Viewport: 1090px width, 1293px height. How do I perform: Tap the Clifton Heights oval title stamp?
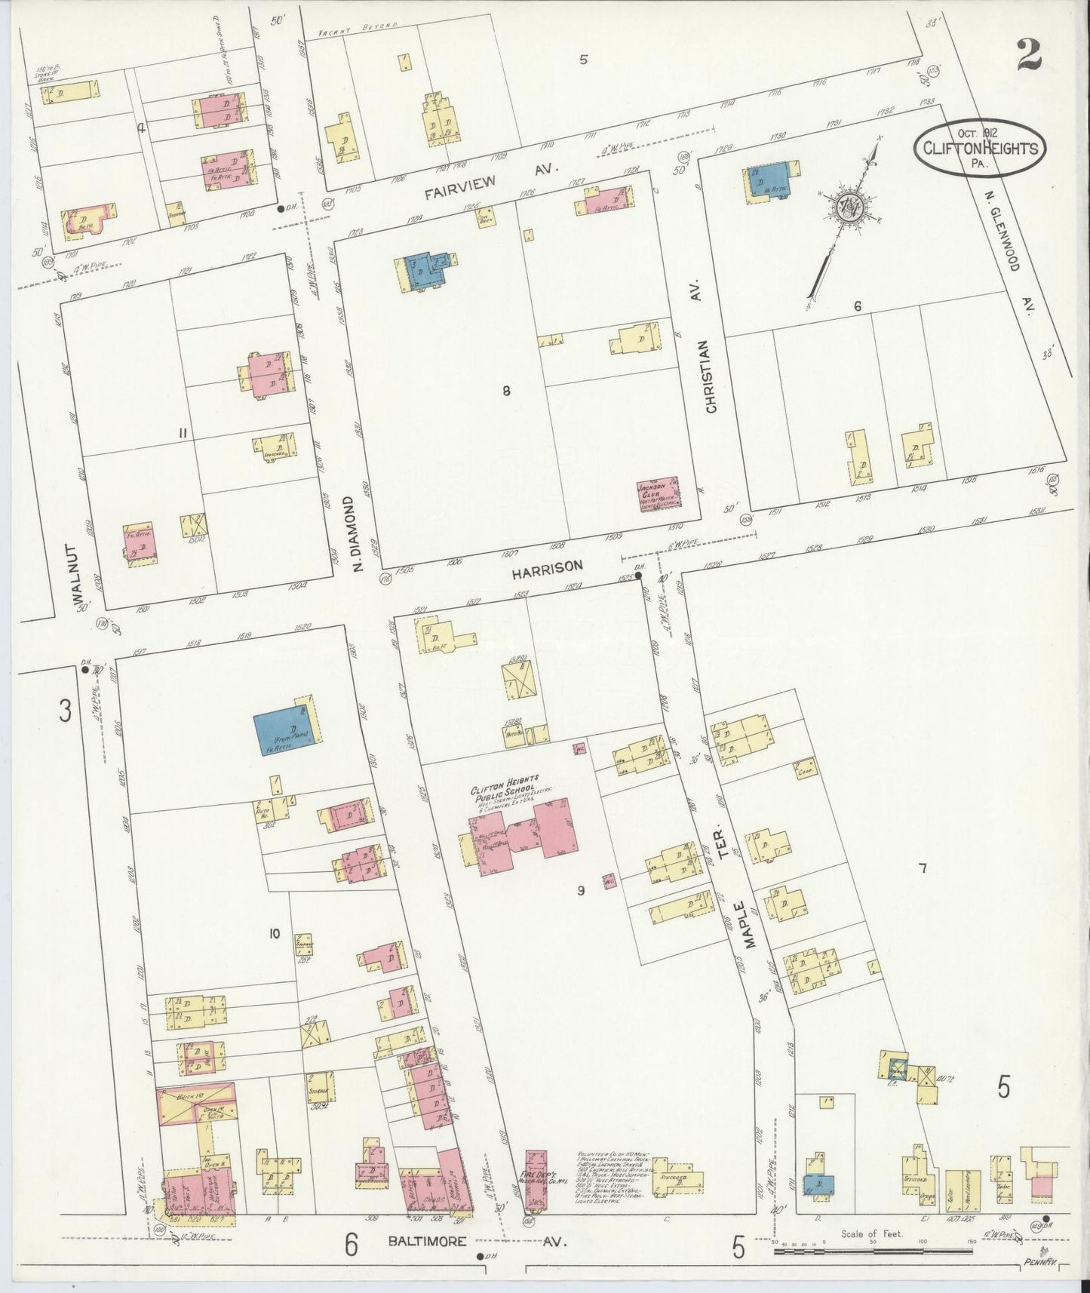pos(980,146)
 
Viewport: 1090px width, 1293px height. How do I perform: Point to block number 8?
pos(507,390)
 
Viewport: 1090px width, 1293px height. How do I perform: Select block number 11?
pos(183,432)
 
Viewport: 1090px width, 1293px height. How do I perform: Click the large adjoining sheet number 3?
pos(66,711)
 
